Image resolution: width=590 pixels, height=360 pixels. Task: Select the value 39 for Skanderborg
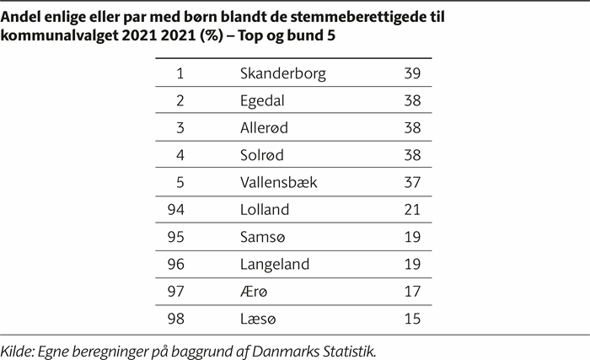coord(412,73)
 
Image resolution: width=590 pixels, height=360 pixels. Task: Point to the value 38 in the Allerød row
coord(412,127)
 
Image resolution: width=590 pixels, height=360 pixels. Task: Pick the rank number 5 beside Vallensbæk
coord(180,181)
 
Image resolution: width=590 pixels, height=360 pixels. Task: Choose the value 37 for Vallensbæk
coord(412,181)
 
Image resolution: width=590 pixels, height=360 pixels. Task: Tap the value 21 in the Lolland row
coord(412,209)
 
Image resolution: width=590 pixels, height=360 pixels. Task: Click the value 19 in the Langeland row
coord(412,263)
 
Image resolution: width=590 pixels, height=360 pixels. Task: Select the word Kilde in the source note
coord(19,348)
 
